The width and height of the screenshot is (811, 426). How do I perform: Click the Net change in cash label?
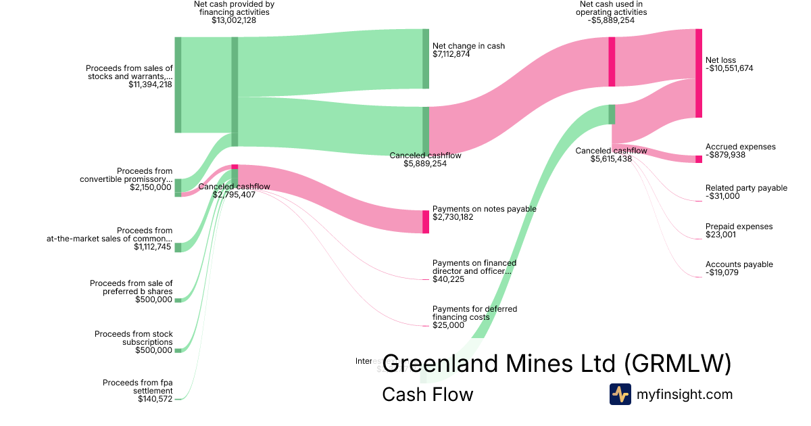point(468,46)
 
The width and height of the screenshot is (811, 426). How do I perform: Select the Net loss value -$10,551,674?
point(729,68)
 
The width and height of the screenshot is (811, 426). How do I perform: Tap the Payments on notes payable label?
point(484,209)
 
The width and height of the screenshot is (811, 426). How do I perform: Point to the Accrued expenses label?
point(740,147)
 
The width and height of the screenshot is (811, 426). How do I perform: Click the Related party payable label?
point(746,188)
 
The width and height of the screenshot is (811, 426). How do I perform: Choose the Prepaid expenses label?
point(739,227)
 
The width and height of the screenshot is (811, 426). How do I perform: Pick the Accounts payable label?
point(739,264)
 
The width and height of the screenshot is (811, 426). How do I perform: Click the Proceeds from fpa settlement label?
point(138,387)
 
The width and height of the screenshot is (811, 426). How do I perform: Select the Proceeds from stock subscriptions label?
point(134,338)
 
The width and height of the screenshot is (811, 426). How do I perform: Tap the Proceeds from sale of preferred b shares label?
point(131,287)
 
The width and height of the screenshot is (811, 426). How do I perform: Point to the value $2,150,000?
point(151,187)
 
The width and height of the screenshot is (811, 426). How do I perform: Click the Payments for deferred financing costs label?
point(474,313)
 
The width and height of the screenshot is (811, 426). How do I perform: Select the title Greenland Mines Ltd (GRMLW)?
point(556,364)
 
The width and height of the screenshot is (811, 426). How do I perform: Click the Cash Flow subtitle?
point(427,394)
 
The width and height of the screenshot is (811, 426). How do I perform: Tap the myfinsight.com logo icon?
point(620,394)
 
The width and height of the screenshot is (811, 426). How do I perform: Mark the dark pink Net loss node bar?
point(699,73)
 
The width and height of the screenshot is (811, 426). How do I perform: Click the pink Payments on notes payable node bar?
point(426,222)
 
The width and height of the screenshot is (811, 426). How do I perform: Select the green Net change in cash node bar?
point(426,59)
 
